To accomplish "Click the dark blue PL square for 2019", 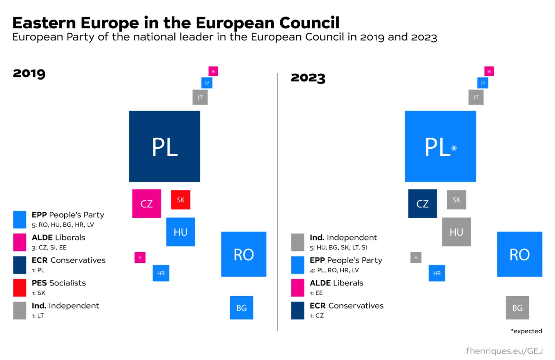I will click(x=164, y=146).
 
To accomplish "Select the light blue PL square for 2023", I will click(x=440, y=146).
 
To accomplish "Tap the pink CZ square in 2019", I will click(x=147, y=204).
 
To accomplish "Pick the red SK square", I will click(x=181, y=200).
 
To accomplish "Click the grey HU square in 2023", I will click(x=456, y=232).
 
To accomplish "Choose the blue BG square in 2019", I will click(x=242, y=308).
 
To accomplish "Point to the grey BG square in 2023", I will click(x=517, y=308).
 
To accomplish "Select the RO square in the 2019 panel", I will click(x=244, y=254).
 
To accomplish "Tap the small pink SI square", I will click(x=140, y=257).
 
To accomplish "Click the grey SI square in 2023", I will click(x=416, y=257).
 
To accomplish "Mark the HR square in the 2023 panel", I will click(x=437, y=273).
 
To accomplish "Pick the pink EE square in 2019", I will click(x=213, y=71).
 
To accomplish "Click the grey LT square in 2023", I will click(x=476, y=97).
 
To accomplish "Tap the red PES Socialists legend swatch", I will click(x=20, y=288).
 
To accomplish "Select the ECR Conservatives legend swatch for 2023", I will click(x=298, y=310).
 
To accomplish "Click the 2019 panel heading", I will click(x=29, y=73).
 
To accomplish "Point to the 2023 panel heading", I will click(x=308, y=78).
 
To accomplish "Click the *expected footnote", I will click(x=526, y=331).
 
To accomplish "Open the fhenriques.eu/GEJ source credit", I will click(x=504, y=351).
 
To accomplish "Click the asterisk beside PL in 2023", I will click(x=454, y=148).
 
